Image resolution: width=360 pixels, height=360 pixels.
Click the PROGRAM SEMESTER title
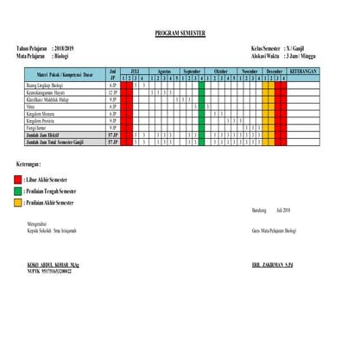pyautogui.click(x=180, y=33)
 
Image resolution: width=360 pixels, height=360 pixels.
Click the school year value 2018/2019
pyautogui.click(x=65, y=49)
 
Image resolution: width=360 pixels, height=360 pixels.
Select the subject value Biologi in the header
pyautogui.click(x=63, y=55)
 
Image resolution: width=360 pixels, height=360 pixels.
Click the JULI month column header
pyautogui.click(x=135, y=72)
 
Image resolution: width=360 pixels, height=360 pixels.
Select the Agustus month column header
pyautogui.click(x=164, y=72)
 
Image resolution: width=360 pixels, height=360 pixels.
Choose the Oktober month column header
pyautogui.click(x=220, y=72)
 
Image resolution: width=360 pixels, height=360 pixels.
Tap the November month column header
pyautogui.click(x=249, y=72)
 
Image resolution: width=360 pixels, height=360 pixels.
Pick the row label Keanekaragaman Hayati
pyautogui.click(x=49, y=93)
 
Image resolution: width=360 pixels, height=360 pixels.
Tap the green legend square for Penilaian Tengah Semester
pyautogui.click(x=20, y=190)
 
